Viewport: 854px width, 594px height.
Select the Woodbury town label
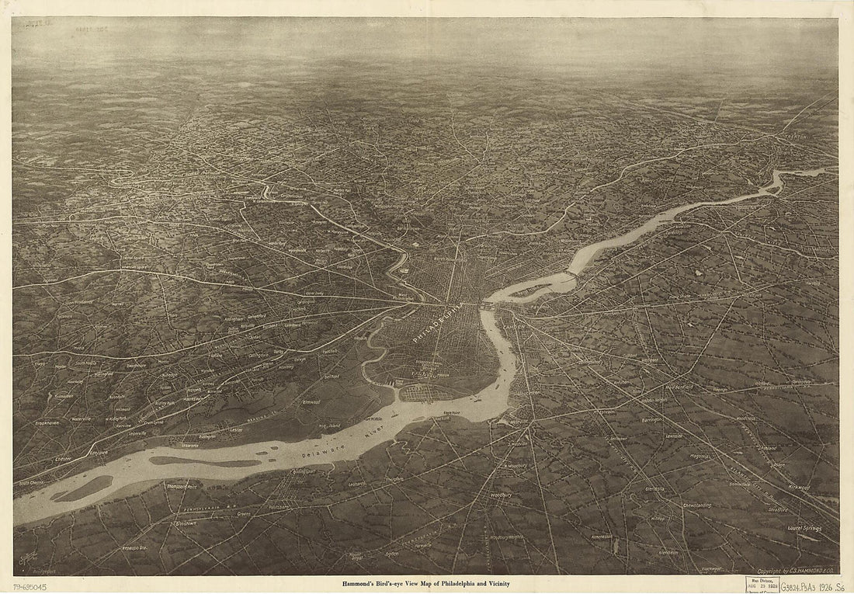pos(500,494)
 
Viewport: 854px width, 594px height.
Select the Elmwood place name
pos(311,402)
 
